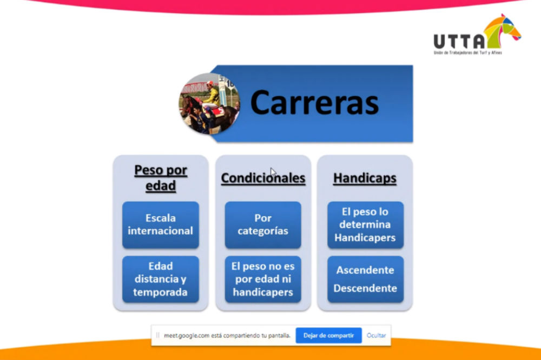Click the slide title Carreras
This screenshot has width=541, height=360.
[314, 102]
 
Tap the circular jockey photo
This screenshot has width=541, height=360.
[209, 103]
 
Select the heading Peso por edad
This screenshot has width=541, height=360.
[161, 178]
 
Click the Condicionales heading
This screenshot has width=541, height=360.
[263, 178]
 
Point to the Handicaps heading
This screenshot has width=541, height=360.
[365, 178]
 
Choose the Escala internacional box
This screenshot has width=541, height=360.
[161, 225]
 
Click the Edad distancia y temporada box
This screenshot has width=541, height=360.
[161, 279]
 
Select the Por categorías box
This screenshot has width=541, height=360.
[263, 225]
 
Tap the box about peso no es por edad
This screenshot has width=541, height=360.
[263, 279]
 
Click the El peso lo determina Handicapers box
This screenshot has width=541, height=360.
[365, 225]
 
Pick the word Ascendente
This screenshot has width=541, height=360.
[365, 270]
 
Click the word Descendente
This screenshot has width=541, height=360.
[365, 288]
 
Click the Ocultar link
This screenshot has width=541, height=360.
[376, 336]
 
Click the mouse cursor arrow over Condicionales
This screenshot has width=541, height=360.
[273, 172]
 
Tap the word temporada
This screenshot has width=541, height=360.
[161, 292]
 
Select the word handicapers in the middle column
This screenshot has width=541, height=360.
[263, 292]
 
